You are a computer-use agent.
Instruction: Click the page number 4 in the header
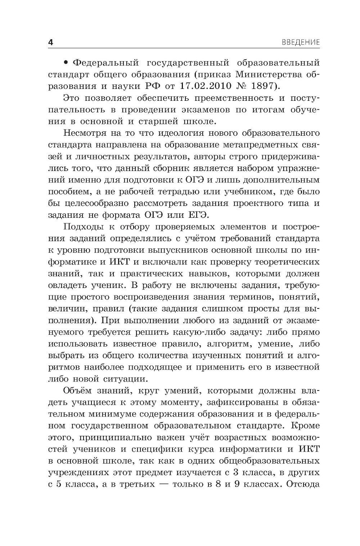(x=51, y=43)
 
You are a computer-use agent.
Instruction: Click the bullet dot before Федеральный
(x=66, y=63)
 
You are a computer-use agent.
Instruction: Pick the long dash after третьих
(x=161, y=484)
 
